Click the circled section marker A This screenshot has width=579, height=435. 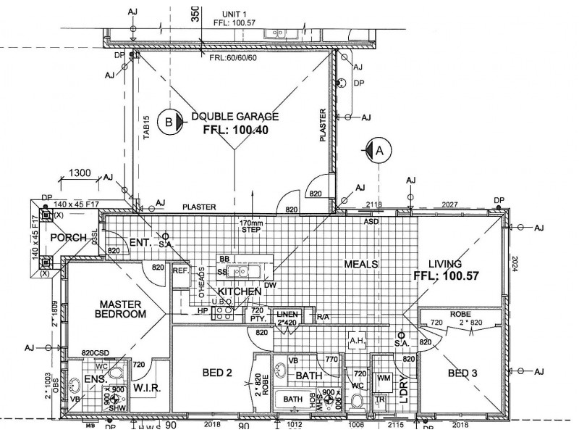click(378, 150)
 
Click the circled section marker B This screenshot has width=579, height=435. click(169, 123)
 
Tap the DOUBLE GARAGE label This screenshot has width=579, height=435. click(234, 116)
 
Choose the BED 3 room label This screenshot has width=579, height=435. click(462, 373)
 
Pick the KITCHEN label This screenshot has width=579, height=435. click(239, 291)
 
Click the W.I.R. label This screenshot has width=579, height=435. click(147, 388)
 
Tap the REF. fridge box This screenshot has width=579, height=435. click(181, 270)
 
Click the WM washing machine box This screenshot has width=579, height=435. click(383, 378)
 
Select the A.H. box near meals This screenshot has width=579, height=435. click(356, 340)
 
